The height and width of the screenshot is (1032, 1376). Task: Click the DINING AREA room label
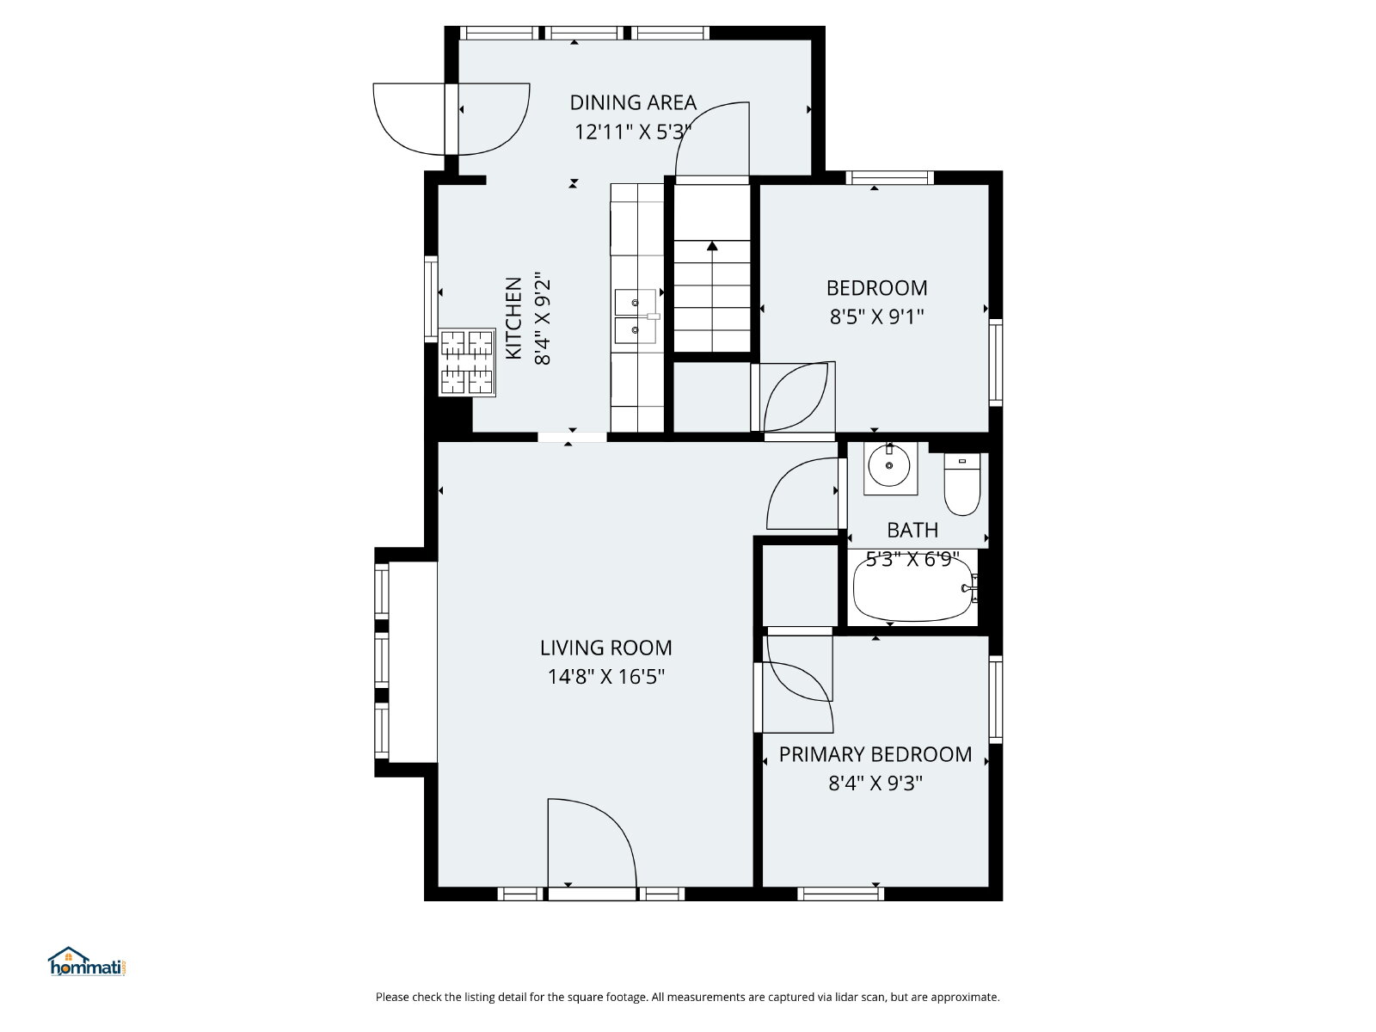[x=632, y=102]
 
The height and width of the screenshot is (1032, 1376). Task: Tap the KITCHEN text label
[x=513, y=317]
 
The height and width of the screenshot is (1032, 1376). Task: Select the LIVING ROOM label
[x=605, y=648]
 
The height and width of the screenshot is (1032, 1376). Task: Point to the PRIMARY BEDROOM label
[x=875, y=754]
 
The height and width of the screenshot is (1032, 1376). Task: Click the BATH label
[x=912, y=530]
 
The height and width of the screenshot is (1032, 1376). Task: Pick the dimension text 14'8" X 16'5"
[x=605, y=677]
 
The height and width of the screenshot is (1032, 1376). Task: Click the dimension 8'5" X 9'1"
[x=876, y=317]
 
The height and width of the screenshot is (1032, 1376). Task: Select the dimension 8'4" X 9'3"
[x=875, y=783]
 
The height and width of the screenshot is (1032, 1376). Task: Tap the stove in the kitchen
[x=467, y=362]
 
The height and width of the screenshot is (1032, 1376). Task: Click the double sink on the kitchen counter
[x=636, y=316]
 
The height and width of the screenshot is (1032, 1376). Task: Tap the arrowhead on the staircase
[x=711, y=246]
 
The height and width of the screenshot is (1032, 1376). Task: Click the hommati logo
[x=87, y=961]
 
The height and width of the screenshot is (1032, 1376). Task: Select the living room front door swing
[x=592, y=843]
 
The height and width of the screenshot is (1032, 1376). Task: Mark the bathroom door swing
[x=803, y=494]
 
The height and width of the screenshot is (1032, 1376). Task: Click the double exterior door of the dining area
[x=451, y=119]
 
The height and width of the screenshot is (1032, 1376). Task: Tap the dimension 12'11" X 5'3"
[x=632, y=132]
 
